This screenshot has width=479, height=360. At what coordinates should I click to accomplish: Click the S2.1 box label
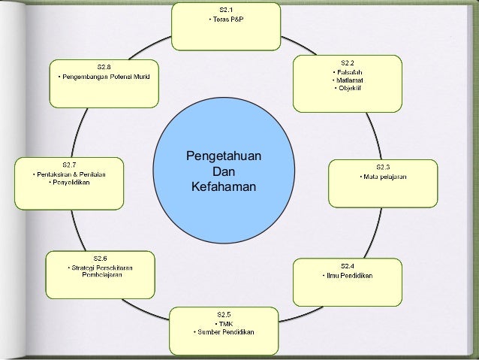pyautogui.click(x=226, y=9)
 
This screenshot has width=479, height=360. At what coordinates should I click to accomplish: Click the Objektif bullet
pyautogui.click(x=348, y=88)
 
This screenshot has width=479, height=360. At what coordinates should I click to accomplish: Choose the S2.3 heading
pyautogui.click(x=382, y=167)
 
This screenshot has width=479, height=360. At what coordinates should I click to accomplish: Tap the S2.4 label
pyautogui.click(x=347, y=265)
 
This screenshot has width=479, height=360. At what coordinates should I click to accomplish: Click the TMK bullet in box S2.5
pyautogui.click(x=225, y=324)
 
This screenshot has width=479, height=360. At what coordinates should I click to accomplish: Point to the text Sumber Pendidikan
pyautogui.click(x=225, y=332)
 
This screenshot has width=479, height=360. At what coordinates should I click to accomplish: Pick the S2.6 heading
pyautogui.click(x=101, y=258)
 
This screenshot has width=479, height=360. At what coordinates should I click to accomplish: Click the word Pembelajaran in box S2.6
pyautogui.click(x=101, y=274)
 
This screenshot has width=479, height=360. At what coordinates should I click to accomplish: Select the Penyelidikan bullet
pyautogui.click(x=71, y=181)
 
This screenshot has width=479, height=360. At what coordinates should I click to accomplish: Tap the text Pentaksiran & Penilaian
pyautogui.click(x=71, y=174)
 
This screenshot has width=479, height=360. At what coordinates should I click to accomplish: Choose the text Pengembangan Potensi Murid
pyautogui.click(x=104, y=77)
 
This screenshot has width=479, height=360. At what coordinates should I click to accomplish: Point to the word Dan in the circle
pyautogui.click(x=224, y=171)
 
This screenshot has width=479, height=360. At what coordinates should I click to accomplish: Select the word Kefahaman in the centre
pyautogui.click(x=224, y=186)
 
